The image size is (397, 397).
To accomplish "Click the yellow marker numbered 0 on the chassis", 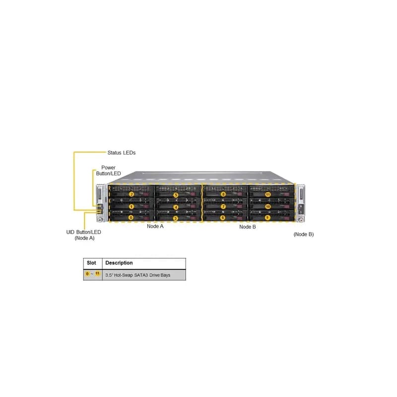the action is [131, 217].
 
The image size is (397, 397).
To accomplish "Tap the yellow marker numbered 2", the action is [131, 195].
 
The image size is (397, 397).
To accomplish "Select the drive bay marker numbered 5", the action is [176, 195].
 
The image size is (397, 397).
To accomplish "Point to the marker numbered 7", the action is [223, 206].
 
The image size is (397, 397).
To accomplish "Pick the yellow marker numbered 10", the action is [268, 206].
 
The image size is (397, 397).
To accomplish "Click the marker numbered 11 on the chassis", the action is [268, 195].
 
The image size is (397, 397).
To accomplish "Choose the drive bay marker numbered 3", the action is [175, 218].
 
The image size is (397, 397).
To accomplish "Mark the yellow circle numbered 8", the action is [223, 194].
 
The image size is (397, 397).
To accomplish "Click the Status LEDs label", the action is [122, 153].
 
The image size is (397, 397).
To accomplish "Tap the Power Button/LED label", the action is [108, 170].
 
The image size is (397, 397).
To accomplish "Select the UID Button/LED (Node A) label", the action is [84, 235].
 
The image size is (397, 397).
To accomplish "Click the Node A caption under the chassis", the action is [155, 226].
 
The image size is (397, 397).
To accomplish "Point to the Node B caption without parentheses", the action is [247, 227].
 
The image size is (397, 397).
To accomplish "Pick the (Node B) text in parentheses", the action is [304, 234].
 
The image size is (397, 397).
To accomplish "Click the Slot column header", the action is [91, 263].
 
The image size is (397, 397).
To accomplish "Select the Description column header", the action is [119, 263].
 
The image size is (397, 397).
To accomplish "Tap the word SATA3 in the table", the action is [141, 275].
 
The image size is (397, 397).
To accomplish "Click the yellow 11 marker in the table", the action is [97, 273].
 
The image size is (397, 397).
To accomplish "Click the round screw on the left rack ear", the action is [100, 219].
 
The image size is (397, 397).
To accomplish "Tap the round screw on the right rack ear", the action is [301, 220].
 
